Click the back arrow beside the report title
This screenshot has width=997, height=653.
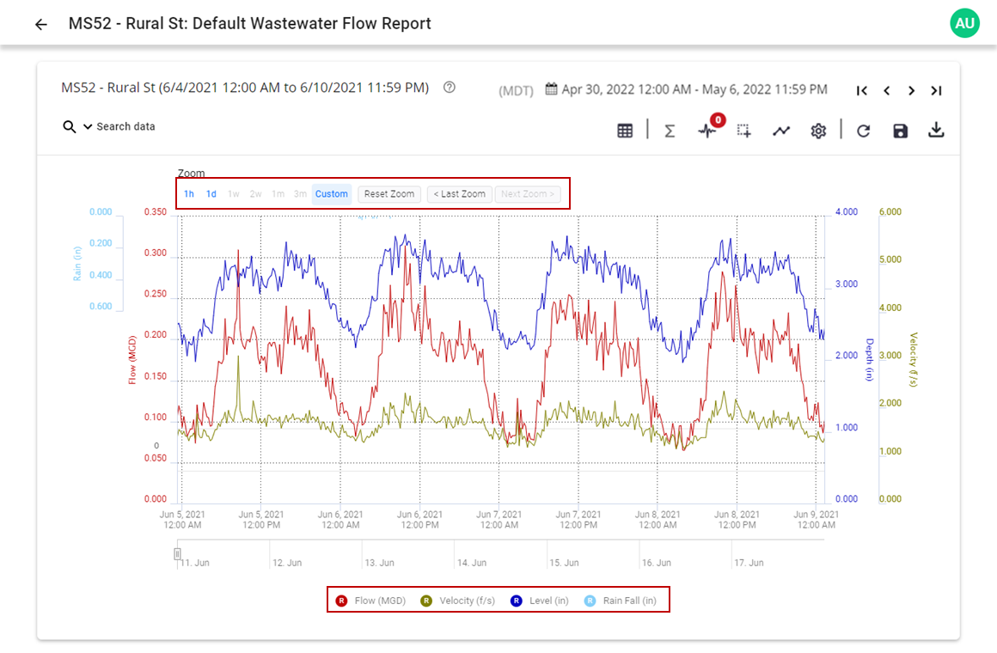click(x=40, y=24)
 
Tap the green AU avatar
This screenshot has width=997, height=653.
click(x=964, y=23)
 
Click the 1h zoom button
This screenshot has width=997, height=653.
click(x=189, y=194)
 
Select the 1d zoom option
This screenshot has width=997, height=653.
click(x=211, y=194)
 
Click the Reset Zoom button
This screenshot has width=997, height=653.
click(x=389, y=194)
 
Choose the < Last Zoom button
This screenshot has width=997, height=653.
click(x=460, y=194)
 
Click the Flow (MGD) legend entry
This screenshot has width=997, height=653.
click(x=371, y=601)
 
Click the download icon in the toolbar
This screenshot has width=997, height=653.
click(x=936, y=131)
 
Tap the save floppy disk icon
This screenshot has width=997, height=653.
click(x=900, y=131)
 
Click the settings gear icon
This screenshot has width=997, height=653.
click(x=818, y=131)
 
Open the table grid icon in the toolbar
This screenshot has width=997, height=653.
click(x=625, y=131)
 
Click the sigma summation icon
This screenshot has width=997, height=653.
click(x=670, y=131)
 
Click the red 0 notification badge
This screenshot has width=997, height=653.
click(x=717, y=120)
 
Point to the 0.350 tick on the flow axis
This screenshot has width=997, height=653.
click(x=155, y=212)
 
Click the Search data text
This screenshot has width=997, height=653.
click(x=125, y=127)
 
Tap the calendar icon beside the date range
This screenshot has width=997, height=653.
click(x=551, y=89)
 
